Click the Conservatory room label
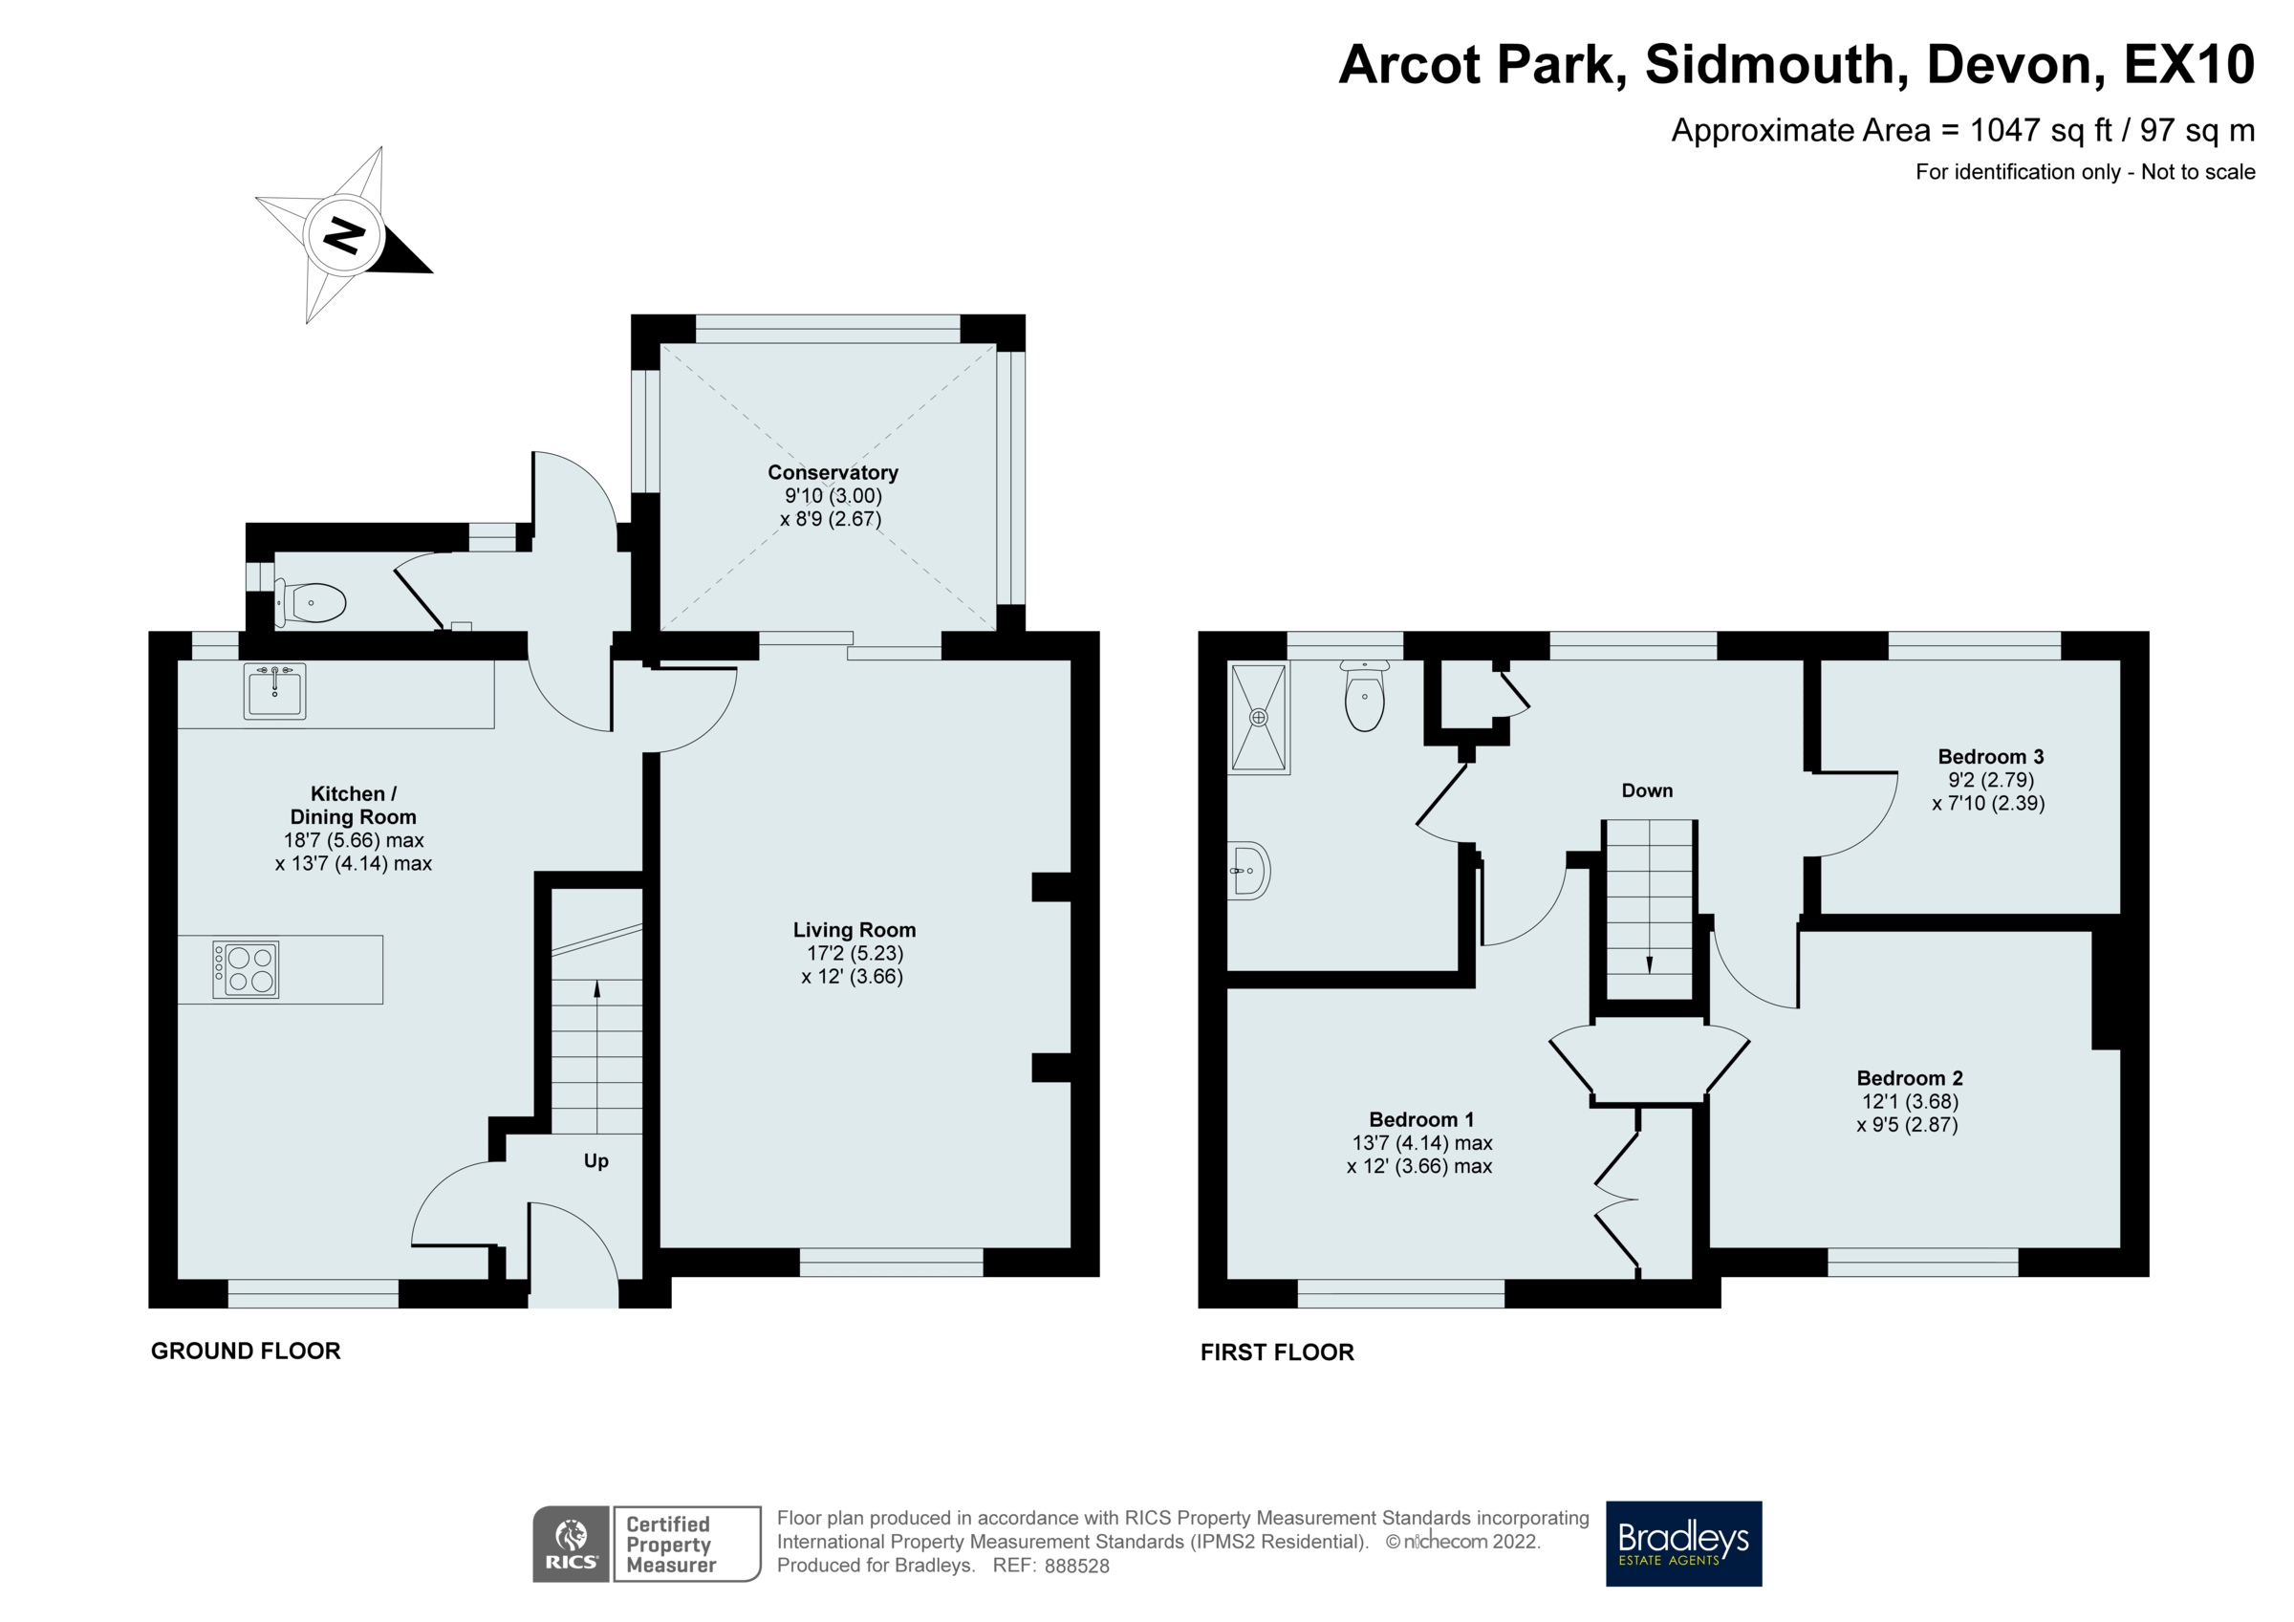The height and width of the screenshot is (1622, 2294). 833,473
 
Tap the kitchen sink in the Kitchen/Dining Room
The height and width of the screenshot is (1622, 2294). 274,691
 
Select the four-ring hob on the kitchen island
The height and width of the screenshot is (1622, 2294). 246,968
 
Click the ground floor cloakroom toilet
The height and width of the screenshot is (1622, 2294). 312,602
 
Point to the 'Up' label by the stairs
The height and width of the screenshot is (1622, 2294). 595,1160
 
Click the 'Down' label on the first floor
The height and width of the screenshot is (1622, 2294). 1647,790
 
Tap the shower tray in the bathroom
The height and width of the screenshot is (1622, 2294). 1259,718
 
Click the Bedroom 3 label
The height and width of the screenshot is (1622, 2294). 1990,757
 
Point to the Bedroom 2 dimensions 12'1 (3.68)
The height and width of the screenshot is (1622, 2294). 1910,1101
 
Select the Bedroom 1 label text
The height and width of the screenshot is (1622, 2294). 1420,1119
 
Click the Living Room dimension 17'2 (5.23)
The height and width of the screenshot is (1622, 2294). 855,953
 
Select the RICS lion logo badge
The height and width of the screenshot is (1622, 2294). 571,1543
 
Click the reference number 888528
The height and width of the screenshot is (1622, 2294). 1076,1566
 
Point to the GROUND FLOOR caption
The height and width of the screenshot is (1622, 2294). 246,1351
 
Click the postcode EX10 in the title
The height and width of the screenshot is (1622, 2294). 2188,64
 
